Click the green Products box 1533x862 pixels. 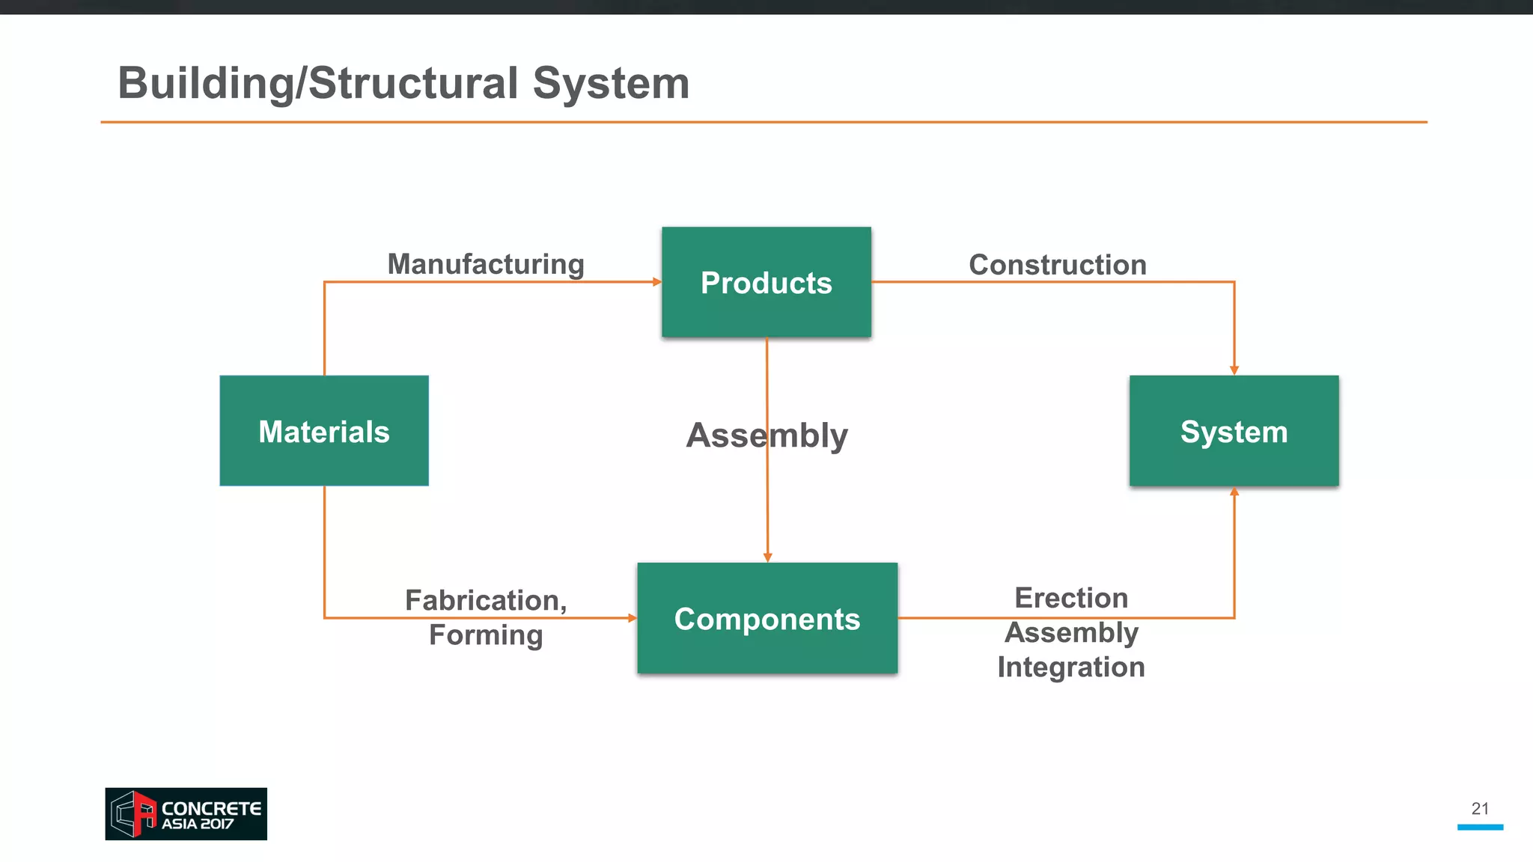point(766,282)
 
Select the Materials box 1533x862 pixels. point(323,431)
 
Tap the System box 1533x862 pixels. point(1234,431)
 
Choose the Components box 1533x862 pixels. point(766,618)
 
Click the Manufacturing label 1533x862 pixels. point(485,264)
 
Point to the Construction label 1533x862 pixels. point(1057,265)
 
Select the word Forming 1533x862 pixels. point(485,635)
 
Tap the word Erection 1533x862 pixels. point(1070,598)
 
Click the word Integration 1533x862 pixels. point(1070,667)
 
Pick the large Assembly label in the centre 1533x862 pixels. point(766,435)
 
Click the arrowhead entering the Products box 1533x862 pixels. point(656,282)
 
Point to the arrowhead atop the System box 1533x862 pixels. point(1234,370)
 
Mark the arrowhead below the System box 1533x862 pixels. point(1234,492)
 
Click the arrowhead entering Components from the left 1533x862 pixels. point(632,618)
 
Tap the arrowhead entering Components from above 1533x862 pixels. point(767,557)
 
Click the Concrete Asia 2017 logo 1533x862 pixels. point(186,813)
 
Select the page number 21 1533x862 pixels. point(1480,808)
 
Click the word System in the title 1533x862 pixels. point(610,83)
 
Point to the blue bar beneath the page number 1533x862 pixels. point(1480,827)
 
